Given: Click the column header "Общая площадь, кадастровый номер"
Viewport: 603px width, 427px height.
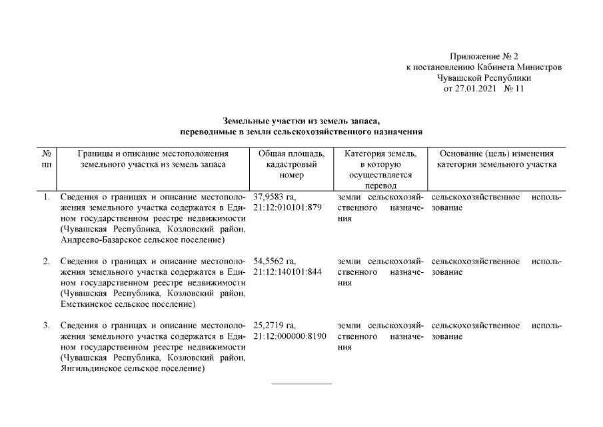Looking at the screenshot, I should click(291, 164).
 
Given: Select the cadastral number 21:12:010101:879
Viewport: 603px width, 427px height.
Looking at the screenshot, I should click(288, 207).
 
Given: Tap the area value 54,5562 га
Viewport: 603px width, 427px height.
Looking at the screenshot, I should click(275, 262).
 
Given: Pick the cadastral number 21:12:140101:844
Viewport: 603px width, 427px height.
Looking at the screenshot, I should click(288, 272).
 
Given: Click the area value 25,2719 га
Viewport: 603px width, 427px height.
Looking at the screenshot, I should click(275, 326).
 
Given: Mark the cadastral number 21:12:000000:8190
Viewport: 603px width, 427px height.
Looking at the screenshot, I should click(290, 336).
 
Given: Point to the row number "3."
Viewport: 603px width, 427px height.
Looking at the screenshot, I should click(46, 326).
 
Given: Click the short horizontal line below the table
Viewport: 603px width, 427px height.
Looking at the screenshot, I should click(301, 384).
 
